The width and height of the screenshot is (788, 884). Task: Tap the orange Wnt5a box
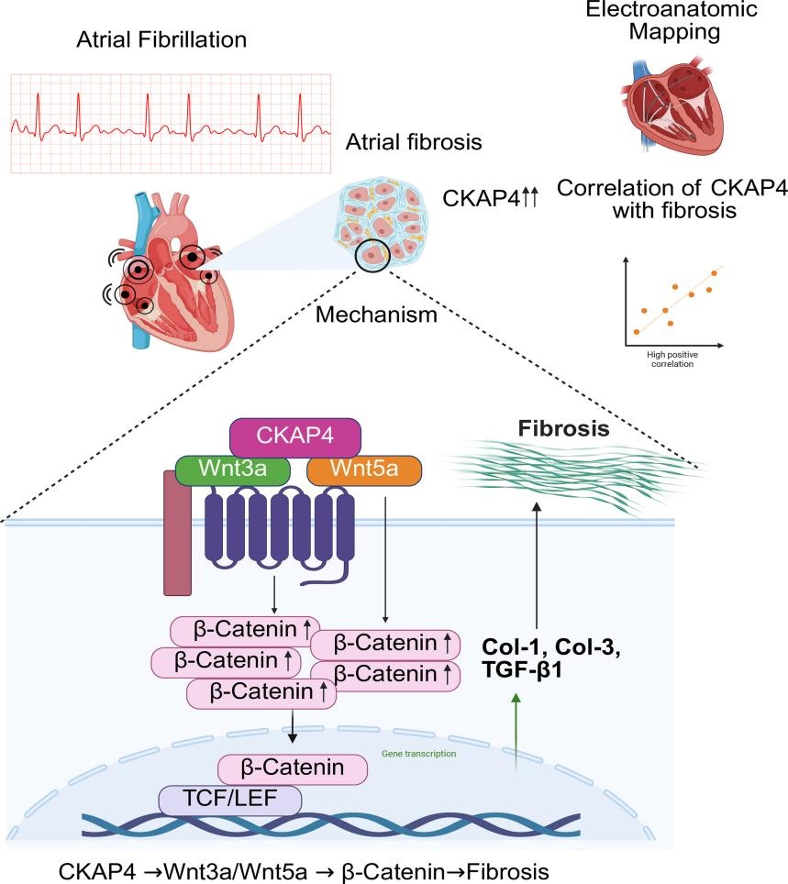click(x=364, y=470)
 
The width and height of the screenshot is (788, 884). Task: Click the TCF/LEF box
click(x=230, y=799)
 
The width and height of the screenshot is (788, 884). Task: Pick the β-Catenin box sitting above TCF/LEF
click(x=293, y=768)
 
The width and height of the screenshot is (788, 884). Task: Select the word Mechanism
click(x=375, y=315)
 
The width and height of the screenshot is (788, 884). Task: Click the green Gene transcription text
click(x=418, y=754)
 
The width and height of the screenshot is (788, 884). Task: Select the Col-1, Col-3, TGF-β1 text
click(x=538, y=658)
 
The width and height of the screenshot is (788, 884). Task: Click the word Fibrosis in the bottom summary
click(x=506, y=868)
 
